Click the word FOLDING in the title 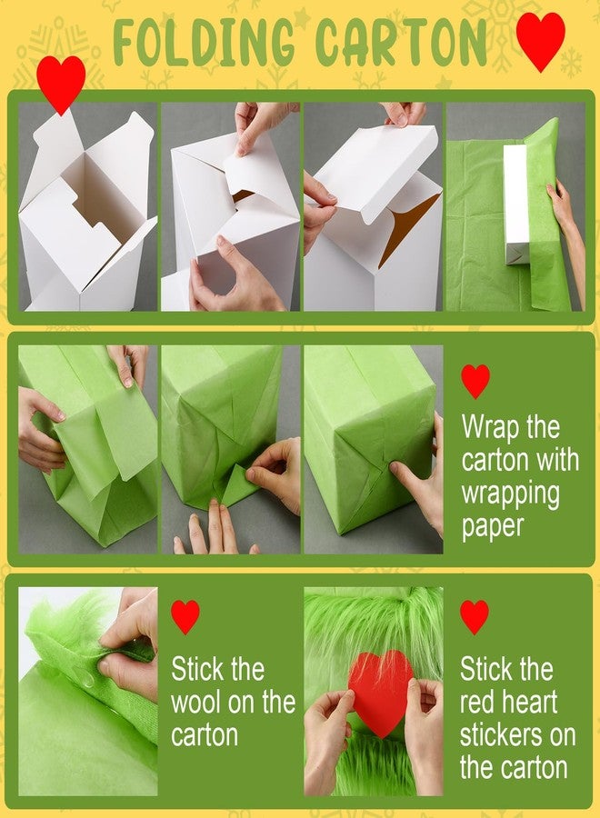pyautogui.click(x=204, y=43)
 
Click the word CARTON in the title pyautogui.click(x=401, y=41)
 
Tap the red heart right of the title pyautogui.click(x=541, y=41)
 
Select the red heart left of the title pyautogui.click(x=61, y=84)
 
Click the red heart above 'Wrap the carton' pyautogui.click(x=475, y=381)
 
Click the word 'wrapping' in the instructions pyautogui.click(x=510, y=494)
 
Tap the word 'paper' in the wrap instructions pyautogui.click(x=492, y=527)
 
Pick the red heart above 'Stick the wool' pyautogui.click(x=185, y=616)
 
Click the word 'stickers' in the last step pyautogui.click(x=517, y=735)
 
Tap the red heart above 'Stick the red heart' pyautogui.click(x=475, y=616)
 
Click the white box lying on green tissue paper pyautogui.click(x=517, y=204)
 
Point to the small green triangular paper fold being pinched pyautogui.click(x=235, y=485)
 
